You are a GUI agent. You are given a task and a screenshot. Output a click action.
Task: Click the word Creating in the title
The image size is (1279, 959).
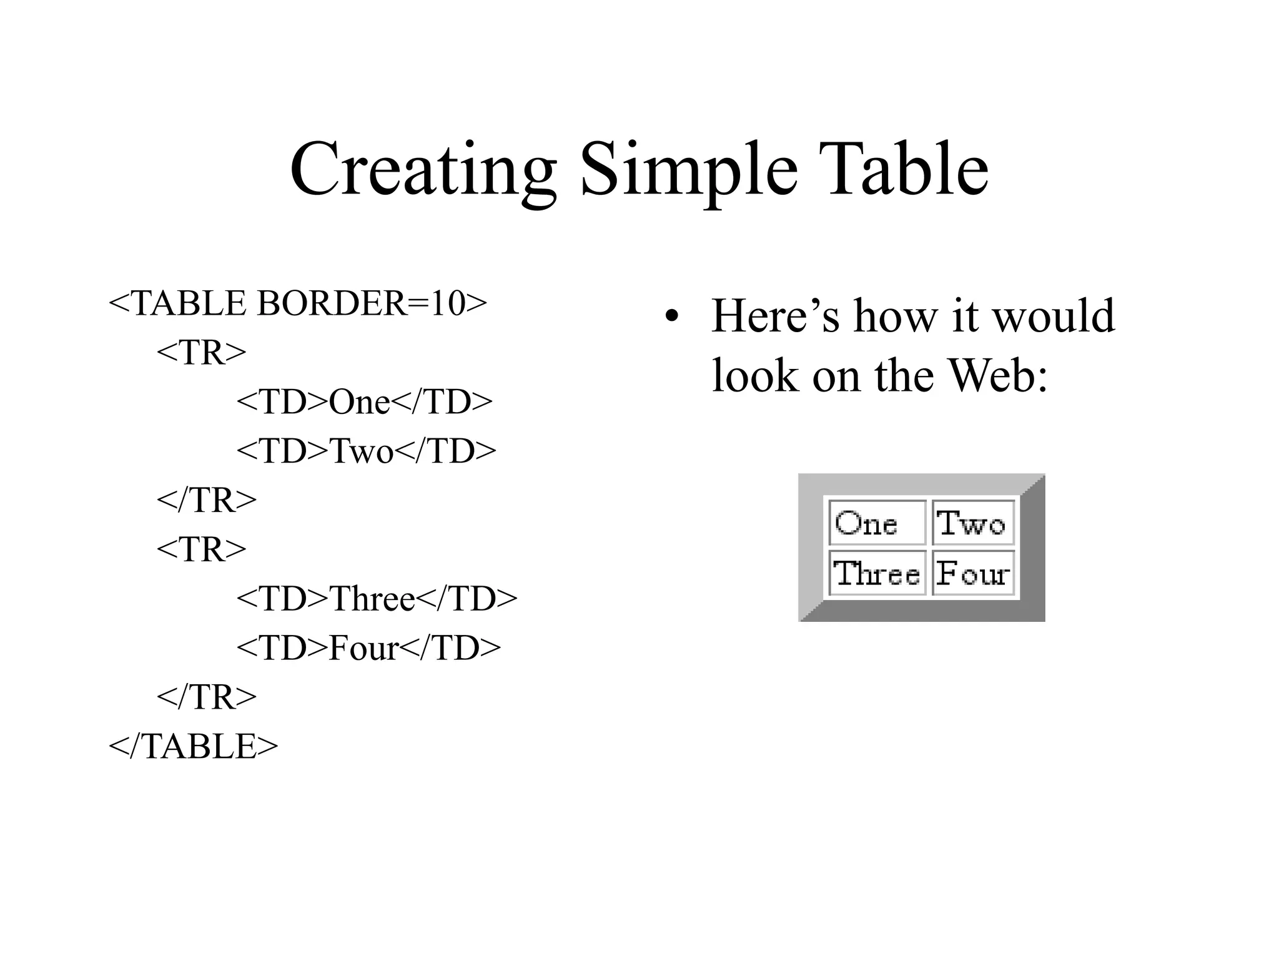click(423, 170)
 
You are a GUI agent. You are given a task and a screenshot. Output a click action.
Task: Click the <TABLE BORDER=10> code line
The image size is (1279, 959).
click(297, 304)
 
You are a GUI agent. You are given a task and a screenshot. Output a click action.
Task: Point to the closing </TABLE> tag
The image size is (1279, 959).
click(193, 746)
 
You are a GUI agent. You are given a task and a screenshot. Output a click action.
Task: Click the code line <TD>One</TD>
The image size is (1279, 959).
click(364, 402)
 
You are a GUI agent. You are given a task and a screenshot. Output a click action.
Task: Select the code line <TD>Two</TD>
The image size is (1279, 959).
click(366, 451)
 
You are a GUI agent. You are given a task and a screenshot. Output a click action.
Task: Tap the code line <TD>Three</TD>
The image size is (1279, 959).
click(377, 599)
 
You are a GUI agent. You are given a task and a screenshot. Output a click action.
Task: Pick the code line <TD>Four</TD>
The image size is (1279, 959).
click(368, 648)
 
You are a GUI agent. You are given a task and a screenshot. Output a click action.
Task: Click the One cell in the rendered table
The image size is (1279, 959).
click(877, 523)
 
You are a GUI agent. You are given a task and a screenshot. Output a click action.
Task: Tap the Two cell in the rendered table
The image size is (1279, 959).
click(972, 523)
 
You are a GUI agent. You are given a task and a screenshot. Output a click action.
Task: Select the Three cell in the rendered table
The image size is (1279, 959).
click(877, 573)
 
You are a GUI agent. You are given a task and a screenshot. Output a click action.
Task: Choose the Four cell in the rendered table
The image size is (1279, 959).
click(972, 573)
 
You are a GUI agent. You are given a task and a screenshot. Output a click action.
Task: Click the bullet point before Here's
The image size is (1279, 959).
click(671, 317)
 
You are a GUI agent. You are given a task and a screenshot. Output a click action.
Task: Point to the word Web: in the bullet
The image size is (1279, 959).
click(997, 376)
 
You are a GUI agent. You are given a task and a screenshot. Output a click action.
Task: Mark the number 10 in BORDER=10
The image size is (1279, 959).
click(448, 304)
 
